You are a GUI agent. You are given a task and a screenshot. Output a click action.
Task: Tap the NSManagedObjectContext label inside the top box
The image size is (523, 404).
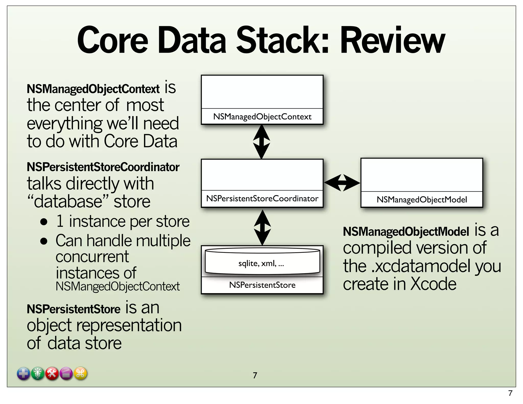262,117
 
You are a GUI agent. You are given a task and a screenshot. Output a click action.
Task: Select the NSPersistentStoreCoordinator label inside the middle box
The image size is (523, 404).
262,198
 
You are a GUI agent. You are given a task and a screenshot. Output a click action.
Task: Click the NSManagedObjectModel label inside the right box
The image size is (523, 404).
422,199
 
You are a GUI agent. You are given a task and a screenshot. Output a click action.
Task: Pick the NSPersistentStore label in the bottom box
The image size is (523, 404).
262,285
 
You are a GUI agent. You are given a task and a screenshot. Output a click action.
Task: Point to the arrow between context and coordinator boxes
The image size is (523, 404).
261,142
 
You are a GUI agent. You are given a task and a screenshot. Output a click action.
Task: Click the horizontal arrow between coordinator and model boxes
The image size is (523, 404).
342,183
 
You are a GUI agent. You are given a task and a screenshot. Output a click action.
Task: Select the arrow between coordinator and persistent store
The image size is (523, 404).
262,227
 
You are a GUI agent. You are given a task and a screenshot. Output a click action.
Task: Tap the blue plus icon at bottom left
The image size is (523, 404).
23,374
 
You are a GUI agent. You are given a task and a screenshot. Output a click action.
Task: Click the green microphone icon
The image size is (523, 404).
38,374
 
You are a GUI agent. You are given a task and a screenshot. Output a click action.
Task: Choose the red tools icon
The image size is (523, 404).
52,374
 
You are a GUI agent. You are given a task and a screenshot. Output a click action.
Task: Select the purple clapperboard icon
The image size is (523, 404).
66,374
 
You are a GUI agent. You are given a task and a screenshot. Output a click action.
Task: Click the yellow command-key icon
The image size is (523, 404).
80,374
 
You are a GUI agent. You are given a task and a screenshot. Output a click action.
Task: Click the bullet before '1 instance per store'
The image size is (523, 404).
44,221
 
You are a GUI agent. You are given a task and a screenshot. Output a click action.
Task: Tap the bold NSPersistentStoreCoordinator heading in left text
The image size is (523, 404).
103,167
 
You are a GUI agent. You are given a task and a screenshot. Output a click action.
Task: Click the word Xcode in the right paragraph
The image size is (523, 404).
433,284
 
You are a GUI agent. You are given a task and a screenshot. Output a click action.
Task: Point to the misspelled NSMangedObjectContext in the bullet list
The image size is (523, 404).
117,286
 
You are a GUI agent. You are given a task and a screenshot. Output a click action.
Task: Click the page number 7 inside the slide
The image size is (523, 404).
255,375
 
